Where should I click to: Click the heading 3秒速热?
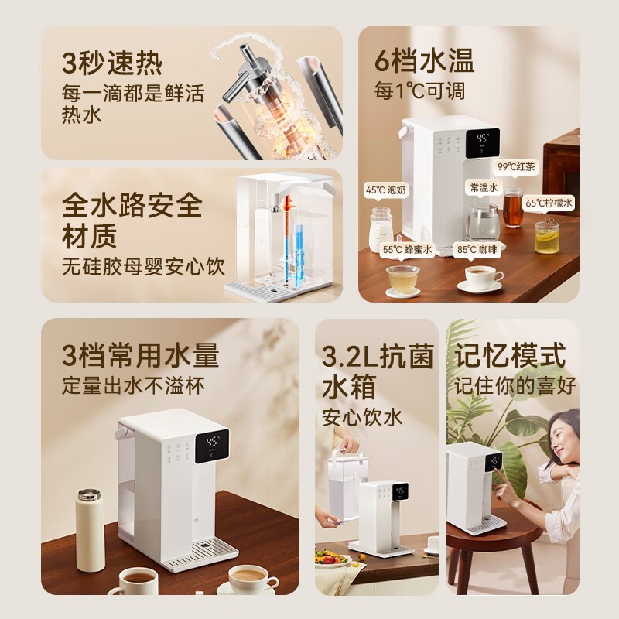pos(112,63)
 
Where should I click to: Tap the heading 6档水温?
pos(424,61)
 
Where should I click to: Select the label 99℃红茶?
pos(515,166)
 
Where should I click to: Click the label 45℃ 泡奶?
pos(385,190)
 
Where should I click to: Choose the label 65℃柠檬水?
pos(549,203)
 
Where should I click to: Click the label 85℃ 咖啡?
pos(477,249)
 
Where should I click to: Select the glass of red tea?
pos(513,208)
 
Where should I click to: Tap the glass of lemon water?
pos(547,237)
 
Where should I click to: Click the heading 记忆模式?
pos(510,355)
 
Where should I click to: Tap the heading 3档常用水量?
pos(140,355)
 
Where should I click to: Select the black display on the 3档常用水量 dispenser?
pos(212,446)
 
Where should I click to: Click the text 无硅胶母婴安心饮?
pos(143,266)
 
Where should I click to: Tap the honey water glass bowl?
pos(402,279)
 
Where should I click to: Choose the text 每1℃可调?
pos(419,91)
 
